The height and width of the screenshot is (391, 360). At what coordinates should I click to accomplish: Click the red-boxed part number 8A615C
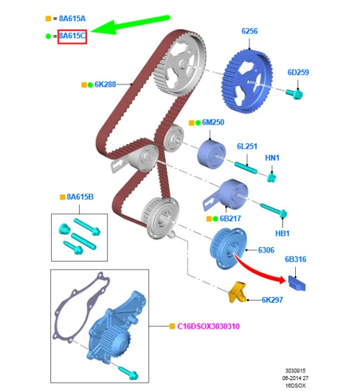tap(72, 36)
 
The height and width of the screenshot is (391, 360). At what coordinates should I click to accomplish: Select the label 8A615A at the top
tap(72, 19)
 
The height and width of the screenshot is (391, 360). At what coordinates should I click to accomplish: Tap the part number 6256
tap(250, 31)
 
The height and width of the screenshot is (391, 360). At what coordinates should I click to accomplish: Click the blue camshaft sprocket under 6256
tap(247, 82)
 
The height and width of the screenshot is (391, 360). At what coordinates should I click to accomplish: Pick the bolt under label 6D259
tap(295, 94)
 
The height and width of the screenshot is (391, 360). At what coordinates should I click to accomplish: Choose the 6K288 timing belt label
tap(105, 85)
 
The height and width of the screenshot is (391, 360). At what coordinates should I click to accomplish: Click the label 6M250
tap(213, 122)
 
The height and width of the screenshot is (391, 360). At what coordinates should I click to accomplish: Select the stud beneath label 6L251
tap(245, 167)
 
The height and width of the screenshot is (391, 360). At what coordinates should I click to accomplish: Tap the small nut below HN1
tap(271, 178)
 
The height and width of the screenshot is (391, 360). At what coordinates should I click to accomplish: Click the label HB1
tap(282, 233)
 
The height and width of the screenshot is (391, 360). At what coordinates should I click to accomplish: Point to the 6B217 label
tap(230, 219)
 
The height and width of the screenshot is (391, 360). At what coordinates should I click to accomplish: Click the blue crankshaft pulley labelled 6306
tap(229, 248)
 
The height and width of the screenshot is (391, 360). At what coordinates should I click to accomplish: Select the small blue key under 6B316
tap(297, 283)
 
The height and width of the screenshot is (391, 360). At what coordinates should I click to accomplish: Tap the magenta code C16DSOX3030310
tap(208, 326)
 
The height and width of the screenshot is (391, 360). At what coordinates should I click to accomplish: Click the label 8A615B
tap(80, 197)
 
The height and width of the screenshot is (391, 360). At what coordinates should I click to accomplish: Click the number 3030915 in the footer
tap(295, 371)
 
